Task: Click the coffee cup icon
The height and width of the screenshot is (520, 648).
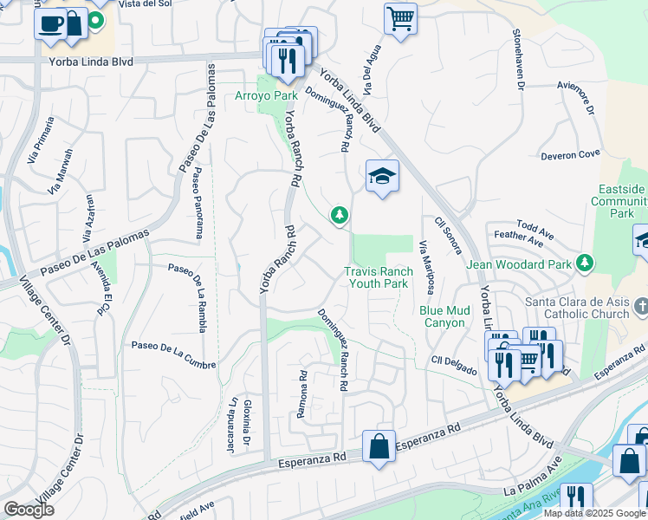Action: (x=51, y=23)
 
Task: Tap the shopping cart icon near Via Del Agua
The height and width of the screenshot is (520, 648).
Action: (x=400, y=17)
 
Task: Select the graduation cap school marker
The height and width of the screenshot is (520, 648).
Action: (x=382, y=176)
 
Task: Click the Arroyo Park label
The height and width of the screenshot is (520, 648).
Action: (x=266, y=95)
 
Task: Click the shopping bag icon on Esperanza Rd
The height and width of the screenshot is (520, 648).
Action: (x=379, y=447)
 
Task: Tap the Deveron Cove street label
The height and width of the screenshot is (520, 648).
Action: (x=570, y=154)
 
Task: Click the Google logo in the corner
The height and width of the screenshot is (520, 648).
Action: (x=29, y=510)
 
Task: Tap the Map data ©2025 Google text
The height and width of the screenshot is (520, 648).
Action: (x=594, y=513)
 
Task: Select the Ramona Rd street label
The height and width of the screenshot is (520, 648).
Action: (x=302, y=394)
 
